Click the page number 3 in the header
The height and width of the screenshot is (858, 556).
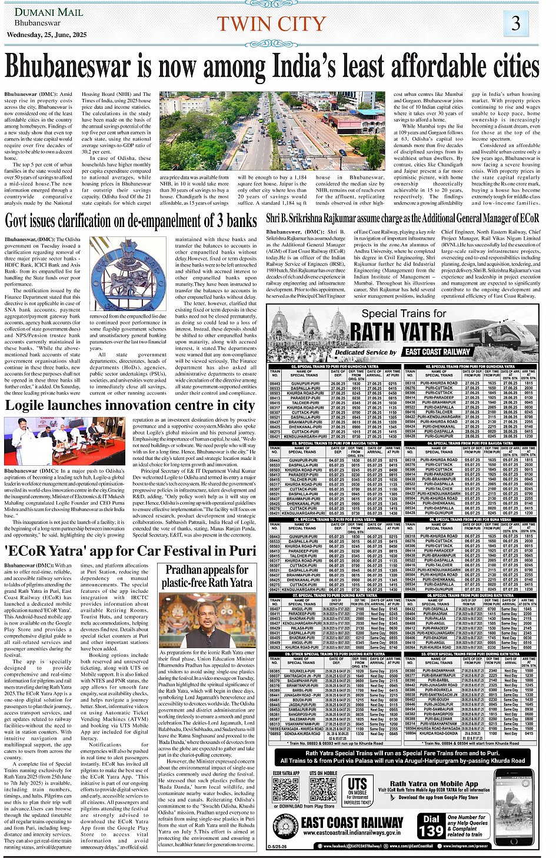(515, 24)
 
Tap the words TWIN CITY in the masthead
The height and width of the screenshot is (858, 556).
(271, 24)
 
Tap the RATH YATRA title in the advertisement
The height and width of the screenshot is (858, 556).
(403, 332)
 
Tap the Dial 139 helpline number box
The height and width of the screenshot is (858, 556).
(431, 826)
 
